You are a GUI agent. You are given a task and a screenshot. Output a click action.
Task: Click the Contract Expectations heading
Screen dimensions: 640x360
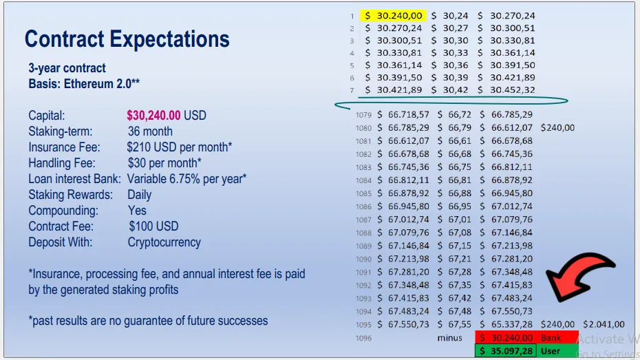tap(127, 39)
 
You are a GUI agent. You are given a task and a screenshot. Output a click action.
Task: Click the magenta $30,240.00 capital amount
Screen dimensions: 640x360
tap(153, 116)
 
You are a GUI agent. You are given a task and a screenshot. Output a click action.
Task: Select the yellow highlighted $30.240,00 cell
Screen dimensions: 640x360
tap(394, 16)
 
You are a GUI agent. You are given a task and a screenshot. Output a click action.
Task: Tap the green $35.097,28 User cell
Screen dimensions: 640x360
tap(506, 351)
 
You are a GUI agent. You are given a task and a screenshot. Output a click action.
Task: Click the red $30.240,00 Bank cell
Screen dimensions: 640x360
tap(506, 338)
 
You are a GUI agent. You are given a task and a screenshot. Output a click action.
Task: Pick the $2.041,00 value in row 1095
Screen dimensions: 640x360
tap(604, 324)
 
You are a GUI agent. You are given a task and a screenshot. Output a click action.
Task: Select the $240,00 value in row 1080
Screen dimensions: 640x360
tap(557, 128)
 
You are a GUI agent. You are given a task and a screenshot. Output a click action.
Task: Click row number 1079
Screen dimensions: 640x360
tap(363, 115)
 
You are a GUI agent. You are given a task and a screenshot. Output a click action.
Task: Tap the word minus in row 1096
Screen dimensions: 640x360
tap(450, 338)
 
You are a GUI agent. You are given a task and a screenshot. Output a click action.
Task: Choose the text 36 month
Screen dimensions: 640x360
tap(150, 131)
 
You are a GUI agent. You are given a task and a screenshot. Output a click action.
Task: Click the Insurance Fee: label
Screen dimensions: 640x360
tap(64, 147)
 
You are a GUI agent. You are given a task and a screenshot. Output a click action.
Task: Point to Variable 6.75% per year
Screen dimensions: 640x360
tap(186, 179)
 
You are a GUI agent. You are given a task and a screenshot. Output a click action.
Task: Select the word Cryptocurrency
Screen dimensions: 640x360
tap(164, 242)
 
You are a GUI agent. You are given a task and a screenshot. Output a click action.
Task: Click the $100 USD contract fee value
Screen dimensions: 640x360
tap(153, 226)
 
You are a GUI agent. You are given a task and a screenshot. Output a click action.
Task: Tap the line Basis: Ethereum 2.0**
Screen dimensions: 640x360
tap(84, 84)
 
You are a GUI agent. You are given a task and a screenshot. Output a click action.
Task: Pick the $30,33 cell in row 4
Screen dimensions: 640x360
tap(450, 52)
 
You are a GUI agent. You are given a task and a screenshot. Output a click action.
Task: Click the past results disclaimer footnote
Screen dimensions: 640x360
tap(148, 321)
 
